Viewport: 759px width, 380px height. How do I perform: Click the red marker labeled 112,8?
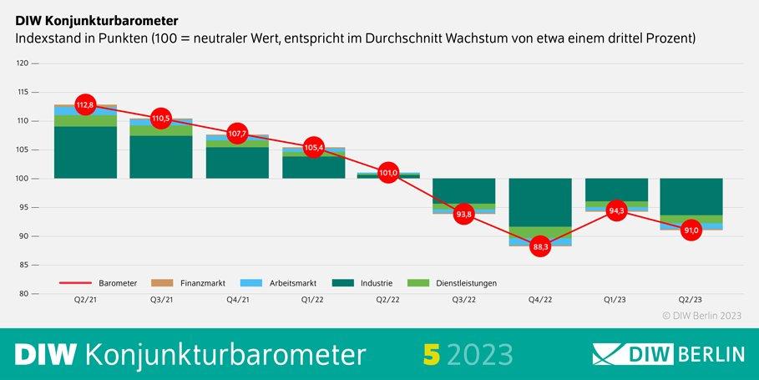(x=85, y=105)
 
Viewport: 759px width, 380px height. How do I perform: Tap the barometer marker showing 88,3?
(x=540, y=246)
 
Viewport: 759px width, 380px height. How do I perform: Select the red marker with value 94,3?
(x=616, y=211)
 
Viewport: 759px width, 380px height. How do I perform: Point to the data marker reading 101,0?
(x=387, y=174)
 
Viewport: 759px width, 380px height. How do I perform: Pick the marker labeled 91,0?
(x=691, y=231)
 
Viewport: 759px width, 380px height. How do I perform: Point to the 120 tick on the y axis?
(x=23, y=63)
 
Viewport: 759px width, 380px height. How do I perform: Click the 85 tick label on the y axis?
(x=24, y=266)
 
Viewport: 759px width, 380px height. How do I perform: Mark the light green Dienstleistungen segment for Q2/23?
(x=691, y=219)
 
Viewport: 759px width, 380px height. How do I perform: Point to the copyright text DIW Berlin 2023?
(x=701, y=316)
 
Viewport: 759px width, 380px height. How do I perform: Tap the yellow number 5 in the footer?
(x=431, y=354)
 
